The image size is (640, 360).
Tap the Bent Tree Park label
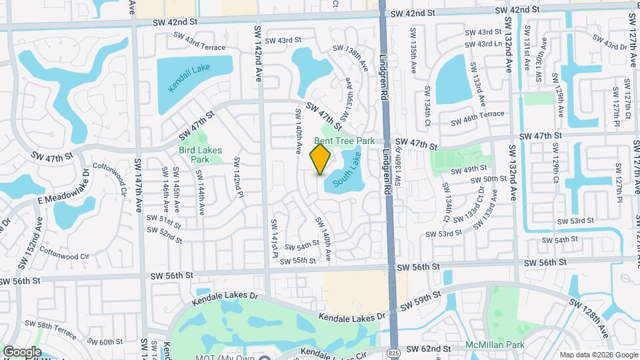pos(345,141)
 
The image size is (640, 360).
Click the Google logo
pos(22,351)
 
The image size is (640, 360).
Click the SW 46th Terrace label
pos(477,118)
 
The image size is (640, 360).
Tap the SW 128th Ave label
pos(590,317)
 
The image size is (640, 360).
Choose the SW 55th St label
pos(298,260)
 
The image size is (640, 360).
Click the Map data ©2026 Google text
pos(598,355)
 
